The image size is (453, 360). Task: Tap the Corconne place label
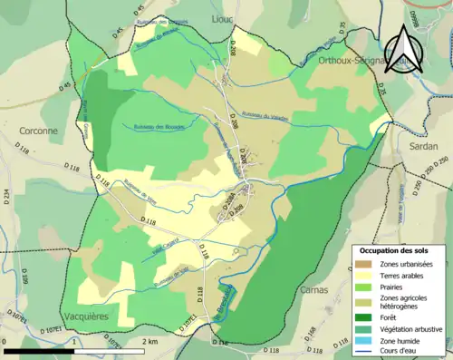(x=36, y=131)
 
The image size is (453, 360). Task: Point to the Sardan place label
(x=422, y=145)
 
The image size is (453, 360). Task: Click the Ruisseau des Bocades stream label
(x=159, y=126)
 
